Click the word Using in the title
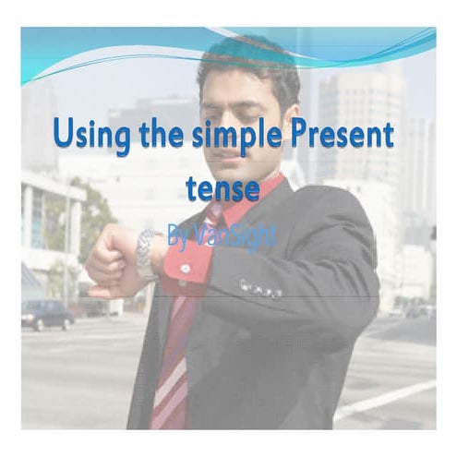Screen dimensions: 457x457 click(90, 136)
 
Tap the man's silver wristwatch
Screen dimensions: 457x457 click(147, 254)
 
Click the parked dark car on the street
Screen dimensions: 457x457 click(46, 314)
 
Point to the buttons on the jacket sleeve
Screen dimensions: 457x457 click(260, 288)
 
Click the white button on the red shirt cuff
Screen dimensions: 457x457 click(185, 268)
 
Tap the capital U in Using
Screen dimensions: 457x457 click(64, 135)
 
